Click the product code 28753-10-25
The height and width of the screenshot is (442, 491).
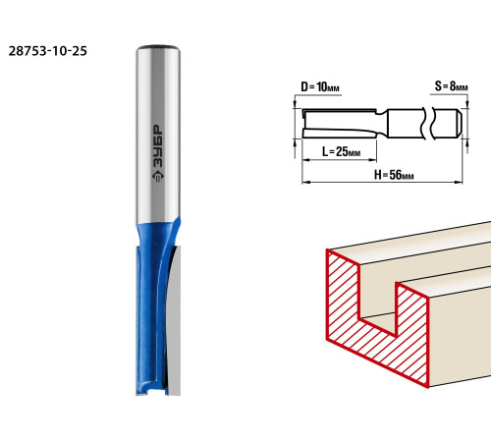click(48, 51)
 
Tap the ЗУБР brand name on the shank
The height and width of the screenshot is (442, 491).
click(158, 146)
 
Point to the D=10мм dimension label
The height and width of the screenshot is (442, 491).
click(320, 87)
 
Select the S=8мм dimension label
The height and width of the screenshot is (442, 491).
click(451, 86)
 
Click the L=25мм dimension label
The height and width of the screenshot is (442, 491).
click(341, 151)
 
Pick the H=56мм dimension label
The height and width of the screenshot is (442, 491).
click(394, 175)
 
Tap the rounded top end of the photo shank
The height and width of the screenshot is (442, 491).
click(158, 49)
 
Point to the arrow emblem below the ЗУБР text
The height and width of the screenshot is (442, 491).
click(158, 177)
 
